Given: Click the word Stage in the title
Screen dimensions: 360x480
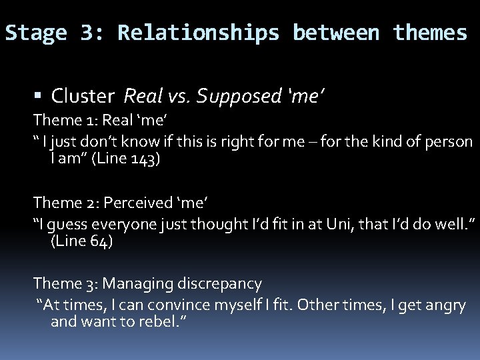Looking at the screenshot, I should coord(36,33).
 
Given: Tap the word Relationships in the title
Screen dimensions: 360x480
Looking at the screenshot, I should coord(199,33).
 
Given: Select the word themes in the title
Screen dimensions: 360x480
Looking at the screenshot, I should coord(430,33).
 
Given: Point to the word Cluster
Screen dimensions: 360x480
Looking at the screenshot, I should coord(83,97).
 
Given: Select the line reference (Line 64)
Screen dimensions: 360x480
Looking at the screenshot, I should coord(82,241).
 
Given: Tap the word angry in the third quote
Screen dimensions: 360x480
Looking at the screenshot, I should coord(445,305).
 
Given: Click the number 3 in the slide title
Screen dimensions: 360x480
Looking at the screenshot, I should coord(88,33).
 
